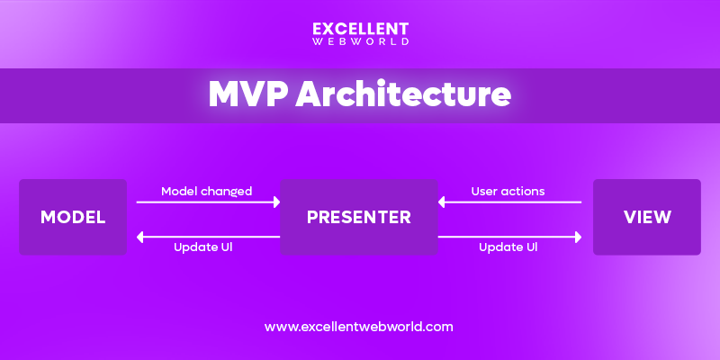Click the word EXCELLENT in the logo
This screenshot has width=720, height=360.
tap(359, 28)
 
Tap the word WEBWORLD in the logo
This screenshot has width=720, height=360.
tap(359, 41)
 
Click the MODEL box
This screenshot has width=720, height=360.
tap(73, 217)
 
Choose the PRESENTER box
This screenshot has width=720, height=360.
tap(359, 217)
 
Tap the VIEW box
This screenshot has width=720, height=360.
tap(646, 217)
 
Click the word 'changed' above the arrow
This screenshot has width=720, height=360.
tap(227, 191)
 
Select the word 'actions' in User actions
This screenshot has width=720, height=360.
tap(525, 191)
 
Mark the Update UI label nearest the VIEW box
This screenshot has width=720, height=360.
tap(509, 247)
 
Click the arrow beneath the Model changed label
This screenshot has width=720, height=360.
tap(208, 202)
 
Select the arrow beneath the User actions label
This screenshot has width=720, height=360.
tap(509, 202)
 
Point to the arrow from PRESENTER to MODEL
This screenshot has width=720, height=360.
tap(208, 236)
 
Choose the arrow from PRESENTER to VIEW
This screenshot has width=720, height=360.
tap(509, 236)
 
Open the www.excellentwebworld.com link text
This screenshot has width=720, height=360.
tap(359, 327)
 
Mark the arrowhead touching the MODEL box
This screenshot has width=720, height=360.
tap(139, 236)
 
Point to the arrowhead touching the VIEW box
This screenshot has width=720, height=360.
tap(578, 236)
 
